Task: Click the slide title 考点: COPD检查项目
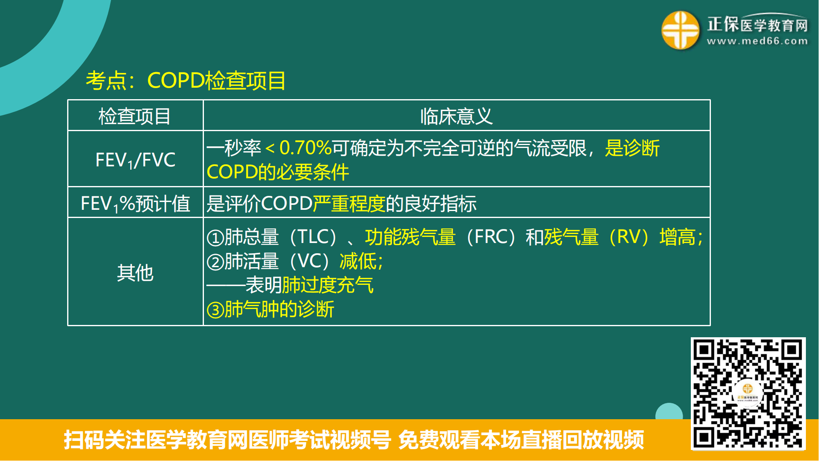click(x=186, y=80)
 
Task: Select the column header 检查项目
click(x=135, y=116)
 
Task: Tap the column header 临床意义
click(x=457, y=116)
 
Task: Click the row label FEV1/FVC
click(x=135, y=160)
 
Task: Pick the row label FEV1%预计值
click(x=135, y=204)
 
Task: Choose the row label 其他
click(x=135, y=273)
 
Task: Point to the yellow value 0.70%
click(x=305, y=148)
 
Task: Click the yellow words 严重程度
click(x=349, y=204)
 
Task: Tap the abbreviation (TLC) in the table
click(x=313, y=237)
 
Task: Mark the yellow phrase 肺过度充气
click(x=328, y=285)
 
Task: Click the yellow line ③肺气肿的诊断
click(x=270, y=309)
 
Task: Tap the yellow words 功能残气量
click(x=410, y=237)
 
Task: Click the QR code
click(x=748, y=394)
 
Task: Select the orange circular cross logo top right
click(x=680, y=30)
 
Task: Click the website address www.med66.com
click(x=757, y=41)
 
